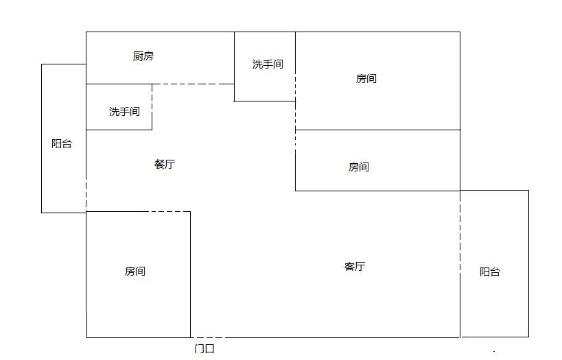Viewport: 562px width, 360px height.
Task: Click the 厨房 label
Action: click(x=143, y=56)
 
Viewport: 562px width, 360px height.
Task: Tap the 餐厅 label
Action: click(x=165, y=164)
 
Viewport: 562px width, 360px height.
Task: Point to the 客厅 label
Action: click(x=355, y=266)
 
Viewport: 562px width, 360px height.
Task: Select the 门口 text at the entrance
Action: click(x=204, y=348)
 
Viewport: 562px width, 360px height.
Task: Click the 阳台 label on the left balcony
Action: click(x=62, y=143)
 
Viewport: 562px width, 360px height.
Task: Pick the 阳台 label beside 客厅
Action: click(x=490, y=272)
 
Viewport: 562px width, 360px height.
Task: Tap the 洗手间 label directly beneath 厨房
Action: click(x=124, y=111)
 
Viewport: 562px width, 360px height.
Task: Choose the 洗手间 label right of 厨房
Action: click(x=268, y=64)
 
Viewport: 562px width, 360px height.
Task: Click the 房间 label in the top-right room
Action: click(x=366, y=78)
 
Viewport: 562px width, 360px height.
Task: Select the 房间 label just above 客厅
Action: click(x=359, y=167)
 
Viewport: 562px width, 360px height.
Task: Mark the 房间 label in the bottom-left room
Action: click(x=135, y=271)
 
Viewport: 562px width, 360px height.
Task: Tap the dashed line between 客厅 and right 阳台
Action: click(x=460, y=233)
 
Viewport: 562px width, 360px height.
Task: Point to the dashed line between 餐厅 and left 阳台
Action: click(x=86, y=193)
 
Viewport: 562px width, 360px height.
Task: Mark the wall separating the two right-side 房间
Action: click(x=377, y=130)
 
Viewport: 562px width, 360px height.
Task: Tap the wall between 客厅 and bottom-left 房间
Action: click(x=190, y=274)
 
